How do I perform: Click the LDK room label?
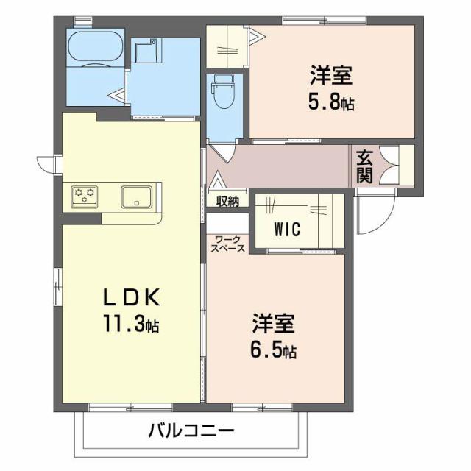(131, 297)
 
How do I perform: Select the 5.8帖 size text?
(330, 102)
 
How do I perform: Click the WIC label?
(287, 230)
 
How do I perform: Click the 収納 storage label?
(227, 201)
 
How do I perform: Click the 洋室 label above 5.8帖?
(330, 76)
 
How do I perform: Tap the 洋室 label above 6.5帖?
(275, 324)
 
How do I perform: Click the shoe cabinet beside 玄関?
(406, 166)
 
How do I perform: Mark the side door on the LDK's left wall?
(49, 163)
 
